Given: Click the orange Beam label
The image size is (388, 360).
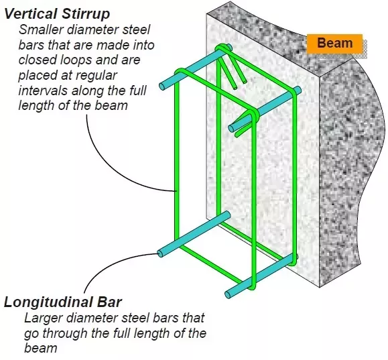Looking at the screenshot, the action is (334, 44).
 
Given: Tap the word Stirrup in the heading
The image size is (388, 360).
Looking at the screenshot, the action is (86, 14).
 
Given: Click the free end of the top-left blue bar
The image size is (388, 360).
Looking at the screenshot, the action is (162, 86).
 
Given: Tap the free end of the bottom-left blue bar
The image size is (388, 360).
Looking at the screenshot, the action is (161, 254).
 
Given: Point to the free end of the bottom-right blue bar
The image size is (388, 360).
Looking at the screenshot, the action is (228, 294).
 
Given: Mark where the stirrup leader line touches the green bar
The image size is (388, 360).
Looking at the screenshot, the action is (176, 191).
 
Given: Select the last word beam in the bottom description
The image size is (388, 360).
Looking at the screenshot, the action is (41, 348).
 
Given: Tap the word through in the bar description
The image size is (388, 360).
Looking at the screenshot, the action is (64, 333).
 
